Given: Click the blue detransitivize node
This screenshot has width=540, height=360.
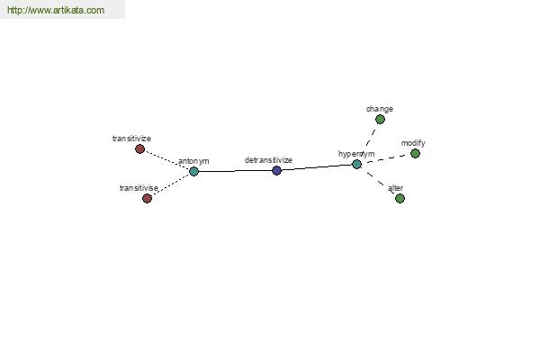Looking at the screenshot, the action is [276, 170].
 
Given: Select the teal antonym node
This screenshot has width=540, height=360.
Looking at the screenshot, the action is [193, 171].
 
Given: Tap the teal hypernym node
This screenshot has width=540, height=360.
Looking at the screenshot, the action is [356, 165].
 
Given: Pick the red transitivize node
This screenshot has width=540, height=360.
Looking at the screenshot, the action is [139, 148].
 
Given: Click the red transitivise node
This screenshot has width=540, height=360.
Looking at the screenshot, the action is [147, 198].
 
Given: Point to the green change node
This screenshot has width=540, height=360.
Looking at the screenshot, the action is [380, 119].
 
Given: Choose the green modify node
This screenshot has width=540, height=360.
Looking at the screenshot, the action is [415, 153].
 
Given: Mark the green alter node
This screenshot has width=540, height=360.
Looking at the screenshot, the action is [400, 198].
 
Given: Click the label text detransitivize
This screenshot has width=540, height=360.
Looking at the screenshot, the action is [268, 160].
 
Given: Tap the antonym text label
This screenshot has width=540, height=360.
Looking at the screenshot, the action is [193, 161].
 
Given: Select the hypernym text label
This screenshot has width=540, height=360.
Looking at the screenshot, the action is [356, 154].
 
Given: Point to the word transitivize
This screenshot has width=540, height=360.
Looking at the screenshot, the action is [131, 139].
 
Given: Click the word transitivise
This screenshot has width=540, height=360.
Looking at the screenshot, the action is [139, 188].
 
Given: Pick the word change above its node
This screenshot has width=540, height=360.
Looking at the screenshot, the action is [380, 109].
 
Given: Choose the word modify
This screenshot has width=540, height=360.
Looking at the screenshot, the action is [413, 143].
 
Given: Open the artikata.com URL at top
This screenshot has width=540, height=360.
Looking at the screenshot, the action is [56, 10].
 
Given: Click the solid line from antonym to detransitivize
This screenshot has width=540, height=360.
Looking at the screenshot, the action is [235, 171].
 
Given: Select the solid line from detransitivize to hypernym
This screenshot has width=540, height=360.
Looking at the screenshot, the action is [317, 167].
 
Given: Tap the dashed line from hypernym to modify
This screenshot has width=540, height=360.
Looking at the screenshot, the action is [386, 158].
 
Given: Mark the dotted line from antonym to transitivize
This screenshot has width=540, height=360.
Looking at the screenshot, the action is [167, 160].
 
